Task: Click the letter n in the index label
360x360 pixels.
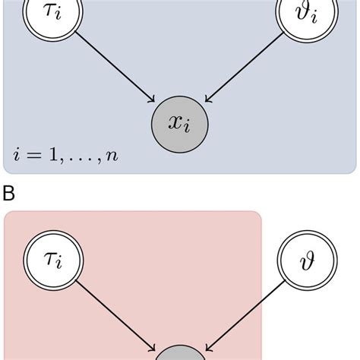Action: (112, 156)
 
